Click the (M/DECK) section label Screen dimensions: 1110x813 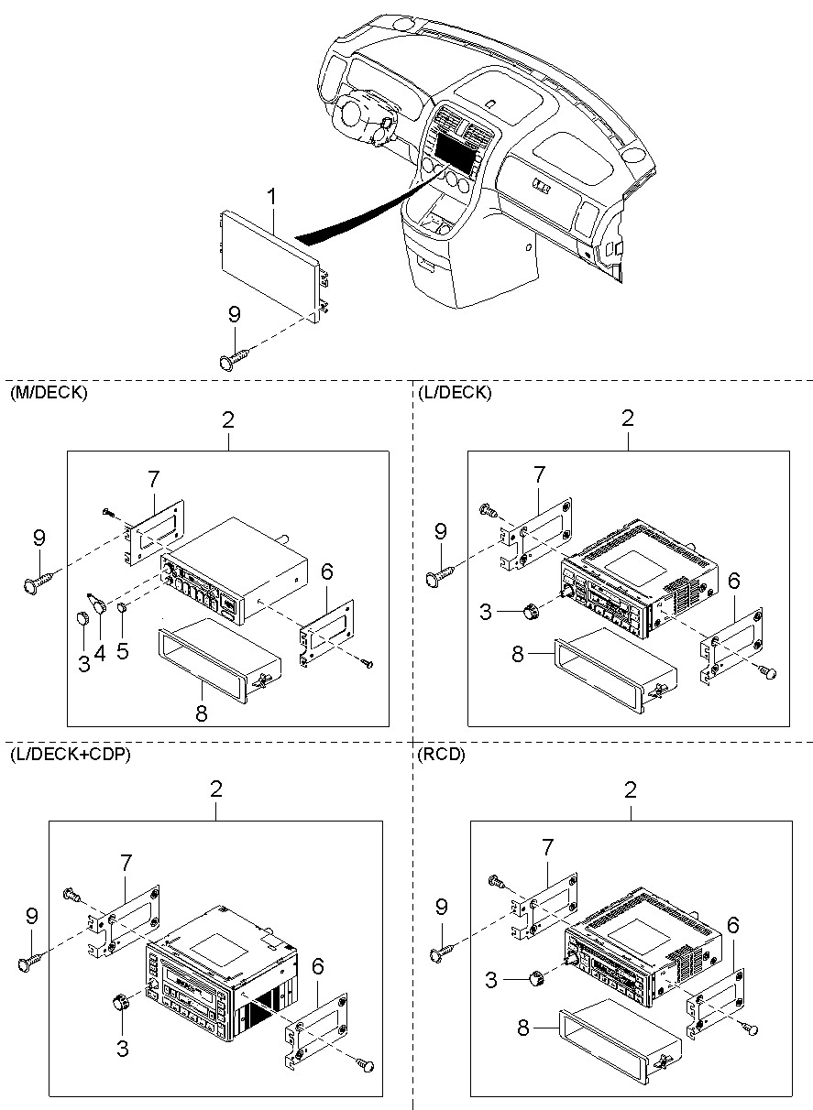click(x=48, y=394)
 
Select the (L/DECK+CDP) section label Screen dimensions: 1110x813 click(x=70, y=755)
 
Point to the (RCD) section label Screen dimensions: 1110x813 click(x=441, y=755)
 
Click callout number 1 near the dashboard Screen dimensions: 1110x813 click(x=271, y=196)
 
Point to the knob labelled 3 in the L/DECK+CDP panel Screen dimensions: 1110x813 click(x=118, y=1002)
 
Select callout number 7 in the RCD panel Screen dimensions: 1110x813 click(x=548, y=844)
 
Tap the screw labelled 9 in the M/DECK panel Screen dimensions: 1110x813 click(x=34, y=579)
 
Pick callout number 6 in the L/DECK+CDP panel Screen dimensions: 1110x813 click(x=317, y=966)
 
